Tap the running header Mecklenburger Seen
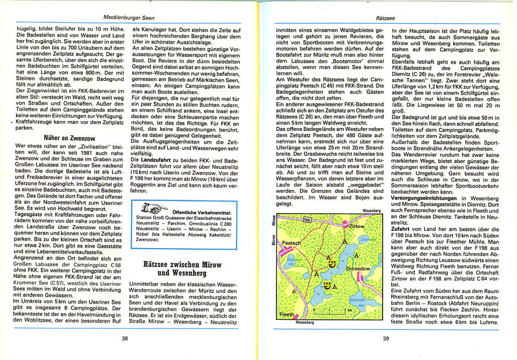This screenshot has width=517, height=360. [x=131, y=17]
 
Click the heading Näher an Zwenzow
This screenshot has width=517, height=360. [x=70, y=137]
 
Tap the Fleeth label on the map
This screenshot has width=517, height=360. [x=286, y=315]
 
